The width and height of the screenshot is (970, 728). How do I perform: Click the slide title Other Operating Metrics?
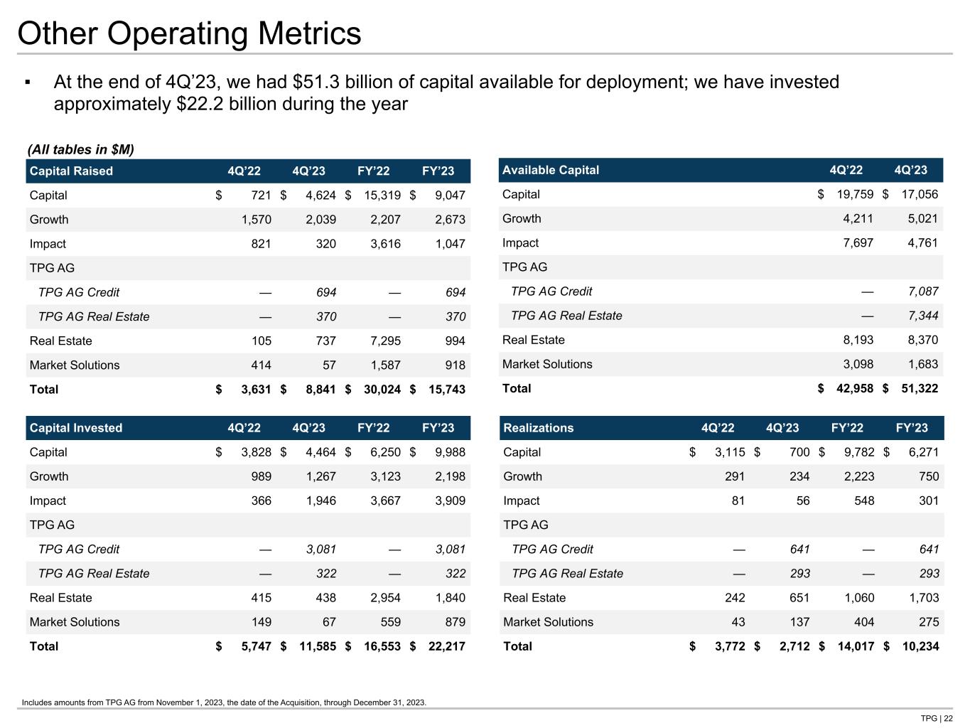pyautogui.click(x=189, y=33)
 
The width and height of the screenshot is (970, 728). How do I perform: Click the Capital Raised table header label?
pyautogui.click(x=71, y=171)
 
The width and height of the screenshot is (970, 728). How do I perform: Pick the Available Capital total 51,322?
pyautogui.click(x=918, y=389)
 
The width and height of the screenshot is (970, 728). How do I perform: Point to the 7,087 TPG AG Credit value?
pyautogui.click(x=922, y=291)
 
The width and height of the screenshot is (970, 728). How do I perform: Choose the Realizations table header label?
pyautogui.click(x=538, y=428)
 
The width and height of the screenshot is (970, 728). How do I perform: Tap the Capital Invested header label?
pyautogui.click(x=76, y=428)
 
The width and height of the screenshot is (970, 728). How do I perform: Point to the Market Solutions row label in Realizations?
pyautogui.click(x=548, y=622)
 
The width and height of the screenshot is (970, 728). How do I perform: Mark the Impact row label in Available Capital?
pyautogui.click(x=520, y=243)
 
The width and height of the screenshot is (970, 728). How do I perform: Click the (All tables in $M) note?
pyautogui.click(x=80, y=149)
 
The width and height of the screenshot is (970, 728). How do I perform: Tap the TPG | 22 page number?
pyautogui.click(x=937, y=718)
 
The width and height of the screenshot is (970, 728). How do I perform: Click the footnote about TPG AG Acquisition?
pyautogui.click(x=224, y=702)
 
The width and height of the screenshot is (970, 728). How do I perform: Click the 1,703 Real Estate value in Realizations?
pyautogui.click(x=924, y=598)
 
